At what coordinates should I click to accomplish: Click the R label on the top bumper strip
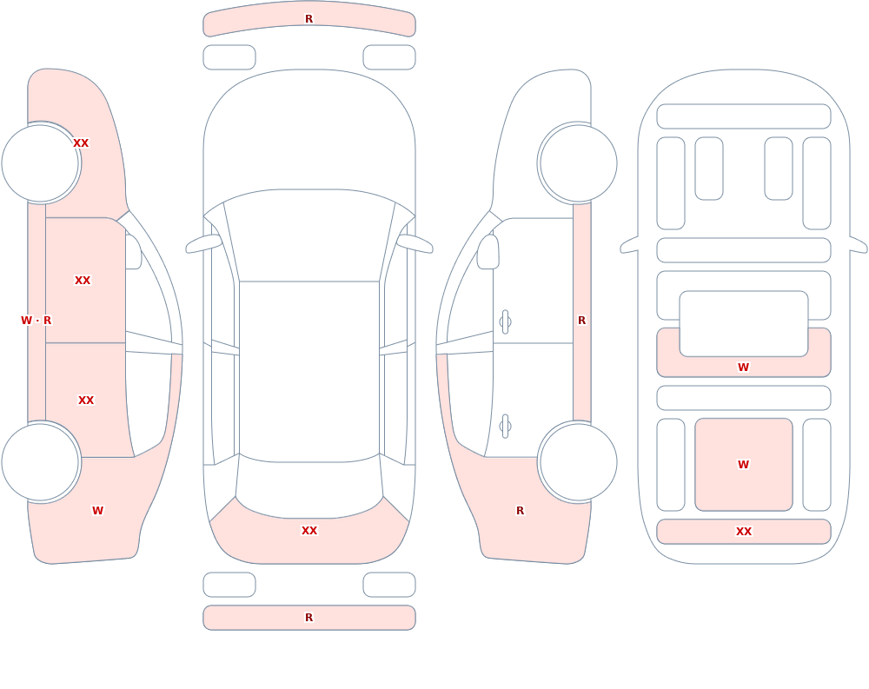tap(308, 19)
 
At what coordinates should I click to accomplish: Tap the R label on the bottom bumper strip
tap(308, 618)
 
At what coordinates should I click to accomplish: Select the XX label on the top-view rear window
tap(309, 531)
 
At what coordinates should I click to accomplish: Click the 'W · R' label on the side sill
tap(36, 321)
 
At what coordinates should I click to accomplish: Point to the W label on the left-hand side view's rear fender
tap(97, 511)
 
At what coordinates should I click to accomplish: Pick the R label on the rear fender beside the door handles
tap(520, 511)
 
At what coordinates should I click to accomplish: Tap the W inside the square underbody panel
tap(743, 465)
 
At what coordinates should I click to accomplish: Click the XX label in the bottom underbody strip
tap(744, 532)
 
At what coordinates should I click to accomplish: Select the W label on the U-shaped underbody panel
tap(743, 367)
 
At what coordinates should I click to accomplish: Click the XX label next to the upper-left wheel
tap(81, 143)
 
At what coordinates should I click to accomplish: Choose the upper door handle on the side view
tap(505, 322)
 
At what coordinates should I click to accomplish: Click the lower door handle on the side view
tap(505, 427)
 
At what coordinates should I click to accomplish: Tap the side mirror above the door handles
tap(488, 252)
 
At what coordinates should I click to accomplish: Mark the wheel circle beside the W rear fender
tap(41, 461)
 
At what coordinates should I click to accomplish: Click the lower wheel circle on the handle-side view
tap(578, 461)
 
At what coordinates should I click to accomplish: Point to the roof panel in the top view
tap(309, 371)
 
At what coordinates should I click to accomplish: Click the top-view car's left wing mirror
tap(204, 243)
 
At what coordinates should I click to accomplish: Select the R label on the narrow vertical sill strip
tap(581, 321)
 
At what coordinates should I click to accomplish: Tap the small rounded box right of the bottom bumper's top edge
tap(389, 585)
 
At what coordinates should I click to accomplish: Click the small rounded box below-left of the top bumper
tap(229, 57)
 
